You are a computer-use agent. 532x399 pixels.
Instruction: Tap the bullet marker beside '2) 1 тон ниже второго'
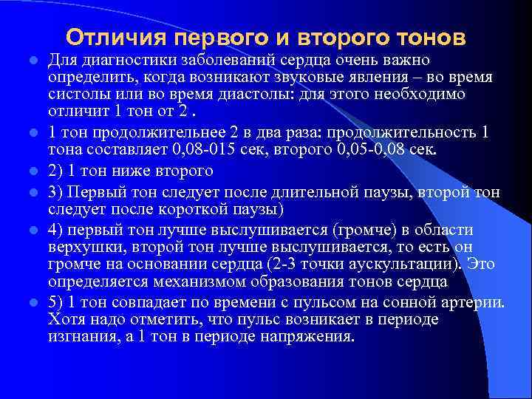35,171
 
